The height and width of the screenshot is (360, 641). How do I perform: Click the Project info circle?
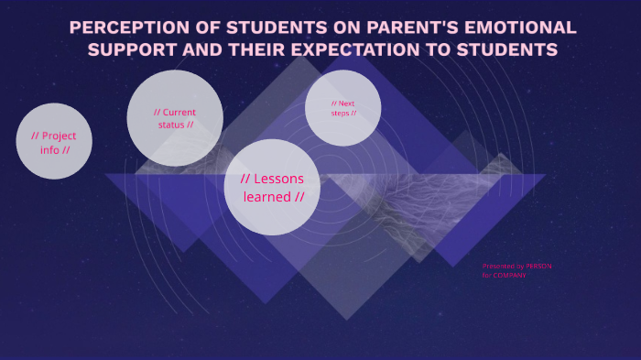tap(54, 141)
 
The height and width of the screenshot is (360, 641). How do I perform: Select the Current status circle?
tap(175, 118)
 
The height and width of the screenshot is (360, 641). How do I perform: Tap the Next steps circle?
tap(343, 108)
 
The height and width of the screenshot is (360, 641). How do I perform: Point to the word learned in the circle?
tap(263, 197)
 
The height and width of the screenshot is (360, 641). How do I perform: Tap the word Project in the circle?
tap(59, 136)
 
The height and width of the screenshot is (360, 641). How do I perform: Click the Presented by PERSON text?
tap(516, 267)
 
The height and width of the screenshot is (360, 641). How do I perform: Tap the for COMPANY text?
tap(505, 275)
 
